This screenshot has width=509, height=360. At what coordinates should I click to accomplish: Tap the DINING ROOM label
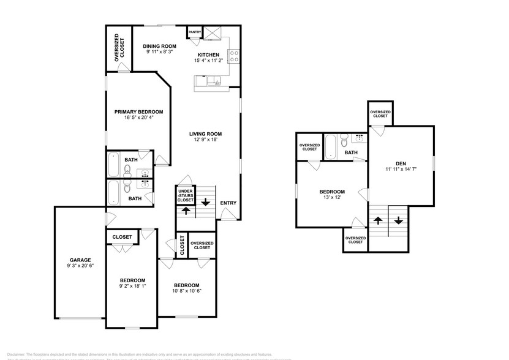[160, 46]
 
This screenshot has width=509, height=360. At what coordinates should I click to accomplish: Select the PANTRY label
[195, 32]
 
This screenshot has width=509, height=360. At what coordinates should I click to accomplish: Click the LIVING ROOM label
[205, 133]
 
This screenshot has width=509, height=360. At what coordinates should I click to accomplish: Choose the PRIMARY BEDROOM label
[139, 111]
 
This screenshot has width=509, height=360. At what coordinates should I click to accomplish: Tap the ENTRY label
[228, 203]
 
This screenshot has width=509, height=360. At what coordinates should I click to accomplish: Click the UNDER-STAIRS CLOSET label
[186, 195]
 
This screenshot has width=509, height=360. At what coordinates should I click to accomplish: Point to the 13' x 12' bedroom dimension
[332, 198]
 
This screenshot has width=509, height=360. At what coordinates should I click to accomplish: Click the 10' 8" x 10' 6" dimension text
[186, 291]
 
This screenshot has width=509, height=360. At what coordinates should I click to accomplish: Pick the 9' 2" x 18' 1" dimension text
[132, 287]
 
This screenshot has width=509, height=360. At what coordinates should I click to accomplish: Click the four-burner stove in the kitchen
[233, 56]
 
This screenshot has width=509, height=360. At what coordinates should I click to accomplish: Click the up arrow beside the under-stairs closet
[184, 211]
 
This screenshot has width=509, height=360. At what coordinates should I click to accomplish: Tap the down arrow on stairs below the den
[398, 220]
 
